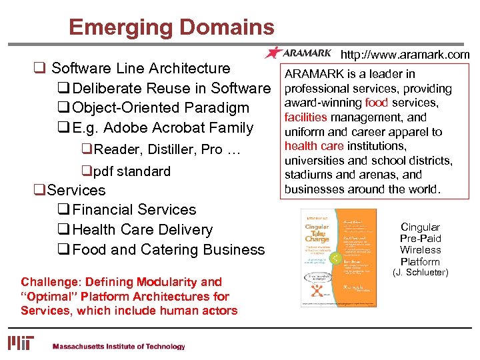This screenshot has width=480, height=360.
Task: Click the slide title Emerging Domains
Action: tap(171, 27)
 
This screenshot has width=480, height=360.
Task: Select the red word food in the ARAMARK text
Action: tap(377, 103)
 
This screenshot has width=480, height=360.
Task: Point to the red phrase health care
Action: tap(313, 146)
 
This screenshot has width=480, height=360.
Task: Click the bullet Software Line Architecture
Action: tap(140, 68)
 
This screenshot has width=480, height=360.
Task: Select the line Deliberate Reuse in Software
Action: tap(171, 88)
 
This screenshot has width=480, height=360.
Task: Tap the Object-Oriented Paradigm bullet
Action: tap(160, 108)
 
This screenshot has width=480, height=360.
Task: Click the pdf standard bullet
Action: tap(131, 171)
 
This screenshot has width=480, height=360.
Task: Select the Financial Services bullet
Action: tap(134, 209)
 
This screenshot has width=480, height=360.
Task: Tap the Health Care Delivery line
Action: tap(142, 229)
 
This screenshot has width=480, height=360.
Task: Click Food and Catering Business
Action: tap(168, 249)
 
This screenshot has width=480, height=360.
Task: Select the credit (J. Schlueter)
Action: tap(420, 272)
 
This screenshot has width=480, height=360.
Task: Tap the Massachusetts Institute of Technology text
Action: tap(118, 347)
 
